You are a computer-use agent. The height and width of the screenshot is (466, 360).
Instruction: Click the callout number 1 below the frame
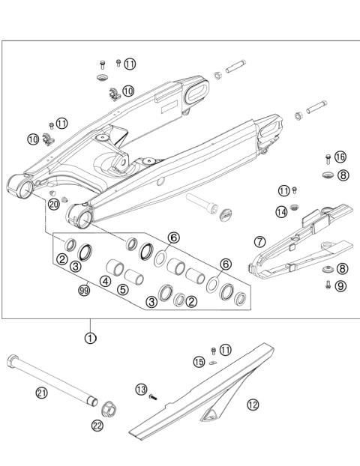(90, 338)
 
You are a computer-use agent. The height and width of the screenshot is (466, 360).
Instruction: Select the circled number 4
(106, 281)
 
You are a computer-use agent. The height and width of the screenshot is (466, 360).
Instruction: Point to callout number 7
(260, 242)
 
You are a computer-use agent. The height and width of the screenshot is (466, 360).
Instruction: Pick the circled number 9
(340, 285)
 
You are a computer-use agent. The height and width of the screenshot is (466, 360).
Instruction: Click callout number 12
(253, 405)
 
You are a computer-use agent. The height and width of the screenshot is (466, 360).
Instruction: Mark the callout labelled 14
(282, 212)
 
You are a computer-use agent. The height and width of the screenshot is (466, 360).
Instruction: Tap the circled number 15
(199, 362)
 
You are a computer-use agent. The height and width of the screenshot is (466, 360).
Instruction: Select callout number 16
(340, 157)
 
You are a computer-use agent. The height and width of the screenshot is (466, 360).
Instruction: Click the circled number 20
(53, 204)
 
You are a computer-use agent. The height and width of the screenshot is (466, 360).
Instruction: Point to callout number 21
(40, 392)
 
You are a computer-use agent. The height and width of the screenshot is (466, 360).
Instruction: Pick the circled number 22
(97, 426)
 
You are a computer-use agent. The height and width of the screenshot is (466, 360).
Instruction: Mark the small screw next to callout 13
(154, 396)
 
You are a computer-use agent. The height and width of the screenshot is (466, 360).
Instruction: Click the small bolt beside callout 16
(327, 157)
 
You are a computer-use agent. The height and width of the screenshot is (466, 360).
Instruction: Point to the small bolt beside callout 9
(328, 285)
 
